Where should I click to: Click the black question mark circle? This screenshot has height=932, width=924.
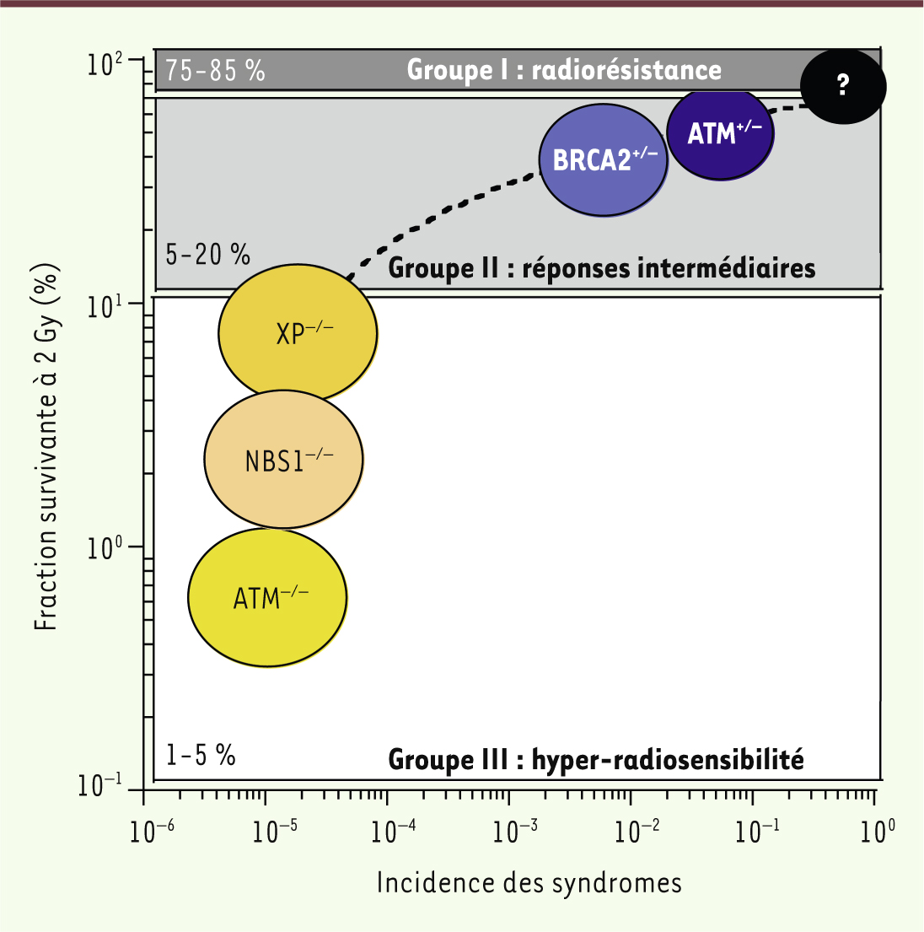[x=842, y=85]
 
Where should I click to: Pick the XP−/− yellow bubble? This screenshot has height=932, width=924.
[x=298, y=332]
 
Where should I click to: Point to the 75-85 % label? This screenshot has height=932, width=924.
[x=215, y=70]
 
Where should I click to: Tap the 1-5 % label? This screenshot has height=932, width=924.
[x=201, y=754]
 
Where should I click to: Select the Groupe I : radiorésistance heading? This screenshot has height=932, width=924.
[x=564, y=69]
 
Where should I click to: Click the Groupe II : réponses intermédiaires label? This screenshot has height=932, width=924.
[x=601, y=268]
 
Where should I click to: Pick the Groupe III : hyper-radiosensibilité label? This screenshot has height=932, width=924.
[x=595, y=759]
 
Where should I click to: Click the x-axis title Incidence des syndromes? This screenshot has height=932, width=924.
[x=529, y=882]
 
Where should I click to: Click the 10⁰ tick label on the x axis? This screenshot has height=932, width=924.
[x=876, y=832]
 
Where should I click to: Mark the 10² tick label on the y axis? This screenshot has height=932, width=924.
[x=106, y=64]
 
